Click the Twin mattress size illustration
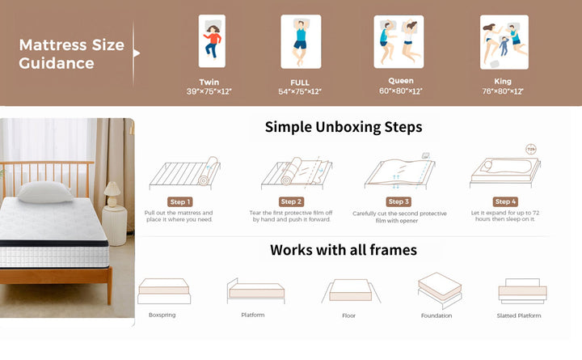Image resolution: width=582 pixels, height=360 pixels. click(x=212, y=41)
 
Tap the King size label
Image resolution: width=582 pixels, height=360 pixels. click(x=503, y=82)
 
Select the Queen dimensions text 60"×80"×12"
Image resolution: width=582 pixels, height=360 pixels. click(x=400, y=91)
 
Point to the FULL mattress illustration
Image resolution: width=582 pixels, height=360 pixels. click(x=301, y=41)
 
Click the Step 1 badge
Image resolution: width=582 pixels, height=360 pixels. click(x=180, y=201)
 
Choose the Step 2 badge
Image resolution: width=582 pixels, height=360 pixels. click(x=291, y=201)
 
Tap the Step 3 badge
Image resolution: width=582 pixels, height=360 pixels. click(x=399, y=201)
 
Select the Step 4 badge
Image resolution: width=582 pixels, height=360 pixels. click(x=505, y=201)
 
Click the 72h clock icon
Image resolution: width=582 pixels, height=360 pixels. click(x=531, y=150)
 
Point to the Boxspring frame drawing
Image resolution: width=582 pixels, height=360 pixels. click(x=164, y=291)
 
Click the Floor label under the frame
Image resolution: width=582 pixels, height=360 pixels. click(x=348, y=316)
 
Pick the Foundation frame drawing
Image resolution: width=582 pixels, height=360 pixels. click(x=440, y=290)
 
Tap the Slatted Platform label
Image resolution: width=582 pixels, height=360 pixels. click(x=519, y=316)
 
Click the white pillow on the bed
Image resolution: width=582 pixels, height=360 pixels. click(x=45, y=192)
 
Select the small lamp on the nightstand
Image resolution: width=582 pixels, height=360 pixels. click(x=112, y=194)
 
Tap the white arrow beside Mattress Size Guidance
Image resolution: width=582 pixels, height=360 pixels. click(x=137, y=53)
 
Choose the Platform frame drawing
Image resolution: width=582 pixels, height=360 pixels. click(x=255, y=291)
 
